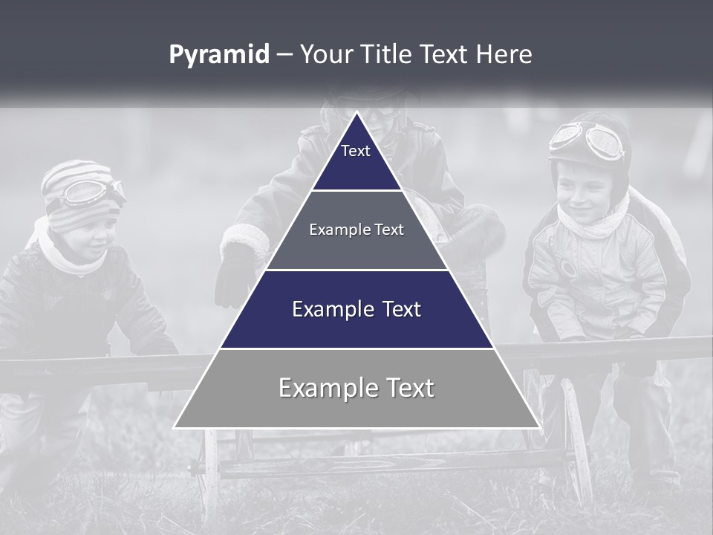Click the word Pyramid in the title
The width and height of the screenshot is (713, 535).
[218, 55]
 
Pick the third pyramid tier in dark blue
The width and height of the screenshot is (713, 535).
[356, 310]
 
